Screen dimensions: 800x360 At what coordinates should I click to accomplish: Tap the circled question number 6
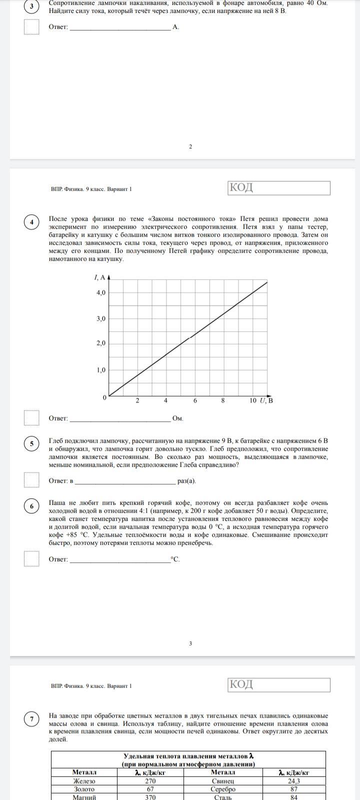point(31,506)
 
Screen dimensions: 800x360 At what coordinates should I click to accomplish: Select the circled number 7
point(31,719)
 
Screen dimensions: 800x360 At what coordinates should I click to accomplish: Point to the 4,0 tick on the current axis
point(101,292)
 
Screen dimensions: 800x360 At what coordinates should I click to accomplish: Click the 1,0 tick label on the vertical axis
point(101,370)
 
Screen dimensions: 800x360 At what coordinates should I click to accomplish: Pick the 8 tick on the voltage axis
point(223,400)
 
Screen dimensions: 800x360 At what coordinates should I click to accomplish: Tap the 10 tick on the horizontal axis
point(252,400)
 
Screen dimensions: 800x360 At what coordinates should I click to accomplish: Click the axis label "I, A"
point(99,277)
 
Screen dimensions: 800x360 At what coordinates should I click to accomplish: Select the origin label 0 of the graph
point(104,397)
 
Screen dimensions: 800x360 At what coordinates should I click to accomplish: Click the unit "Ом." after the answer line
point(178,418)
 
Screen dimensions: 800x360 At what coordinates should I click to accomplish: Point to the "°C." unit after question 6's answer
point(175,559)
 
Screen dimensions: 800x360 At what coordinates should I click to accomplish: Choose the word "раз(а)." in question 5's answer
point(187,481)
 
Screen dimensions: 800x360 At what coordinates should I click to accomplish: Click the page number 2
point(190,146)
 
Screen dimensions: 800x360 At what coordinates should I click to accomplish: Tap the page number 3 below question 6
point(190,643)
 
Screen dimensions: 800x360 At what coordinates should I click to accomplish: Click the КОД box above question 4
point(279,188)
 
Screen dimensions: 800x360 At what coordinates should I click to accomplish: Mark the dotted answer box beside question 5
point(31,479)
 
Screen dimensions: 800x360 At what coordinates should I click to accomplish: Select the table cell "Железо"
point(84,781)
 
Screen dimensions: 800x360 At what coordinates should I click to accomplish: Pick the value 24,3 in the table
point(294,781)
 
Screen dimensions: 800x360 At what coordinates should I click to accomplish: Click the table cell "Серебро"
point(222,789)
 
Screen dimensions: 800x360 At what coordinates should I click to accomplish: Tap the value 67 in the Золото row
point(150,789)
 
